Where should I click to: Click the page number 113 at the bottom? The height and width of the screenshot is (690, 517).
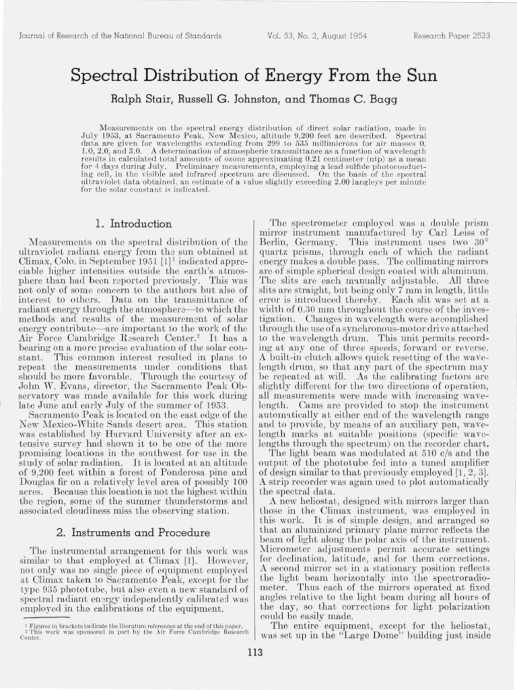pyautogui.click(x=255, y=652)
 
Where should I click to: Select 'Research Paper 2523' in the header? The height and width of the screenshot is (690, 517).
pyautogui.click(x=454, y=36)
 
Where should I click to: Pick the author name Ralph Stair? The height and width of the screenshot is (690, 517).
pyautogui.click(x=139, y=100)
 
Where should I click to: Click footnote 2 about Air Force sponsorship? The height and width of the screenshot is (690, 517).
pyautogui.click(x=128, y=633)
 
